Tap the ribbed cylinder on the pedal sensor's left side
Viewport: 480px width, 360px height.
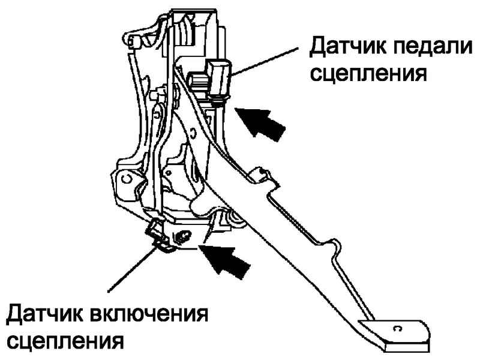click(196, 79)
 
